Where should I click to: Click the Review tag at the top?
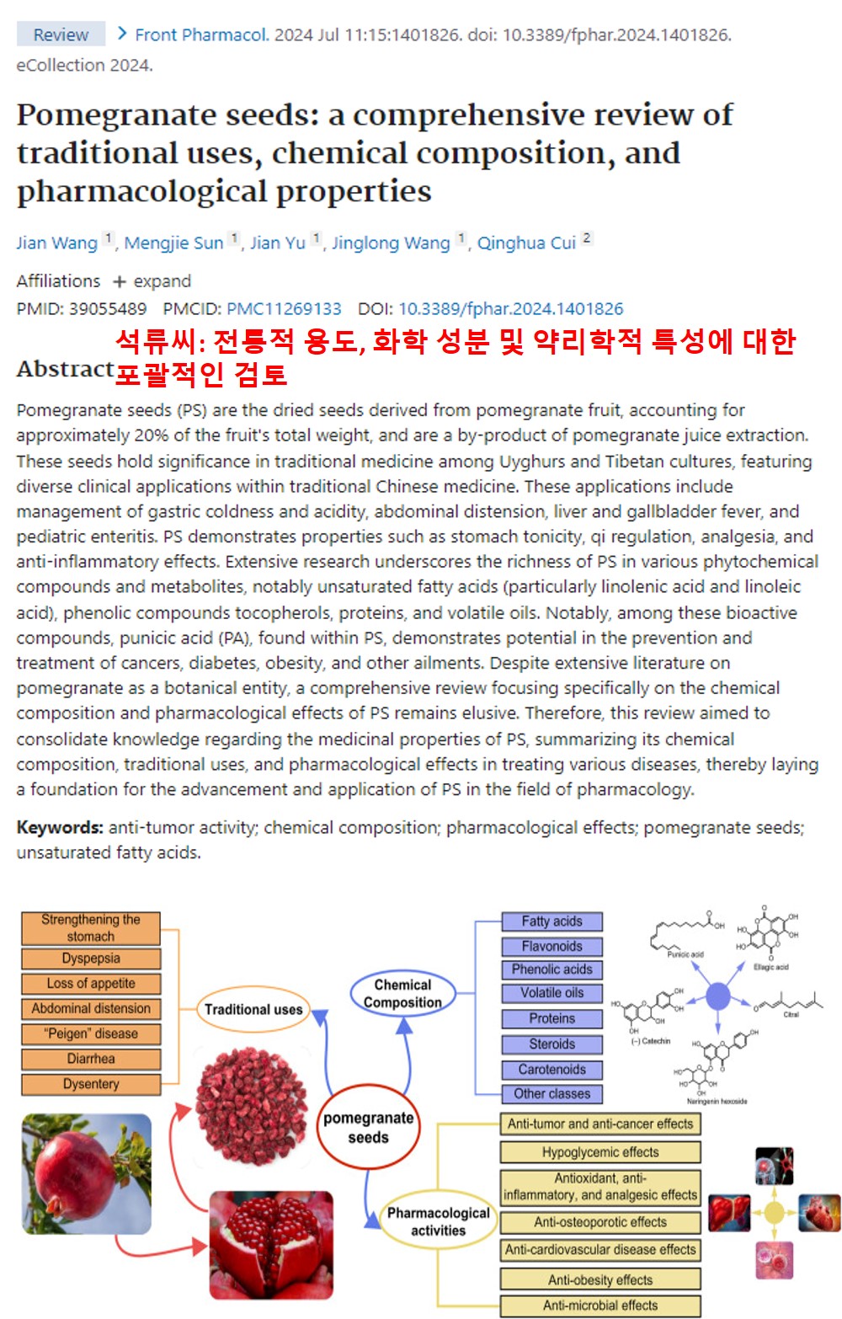point(61,35)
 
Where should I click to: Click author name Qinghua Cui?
point(526,243)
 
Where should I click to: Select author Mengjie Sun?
point(173,243)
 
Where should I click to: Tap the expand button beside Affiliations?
point(152,280)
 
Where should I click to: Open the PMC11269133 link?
point(284,308)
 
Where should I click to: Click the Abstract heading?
point(65,369)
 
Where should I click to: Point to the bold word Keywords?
point(59,827)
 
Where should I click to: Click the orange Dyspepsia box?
point(91,959)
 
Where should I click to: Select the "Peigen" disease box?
point(91,1033)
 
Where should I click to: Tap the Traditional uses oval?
point(253,1009)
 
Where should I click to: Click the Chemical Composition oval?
point(402,994)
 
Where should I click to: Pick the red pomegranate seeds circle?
point(368,1127)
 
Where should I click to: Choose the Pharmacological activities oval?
point(438,1221)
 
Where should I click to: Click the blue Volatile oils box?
point(552,993)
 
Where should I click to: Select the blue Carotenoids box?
point(552,1069)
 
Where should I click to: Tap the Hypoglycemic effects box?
point(600,1152)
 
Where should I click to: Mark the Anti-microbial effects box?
point(600,1306)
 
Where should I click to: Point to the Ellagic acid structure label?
point(770,967)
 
